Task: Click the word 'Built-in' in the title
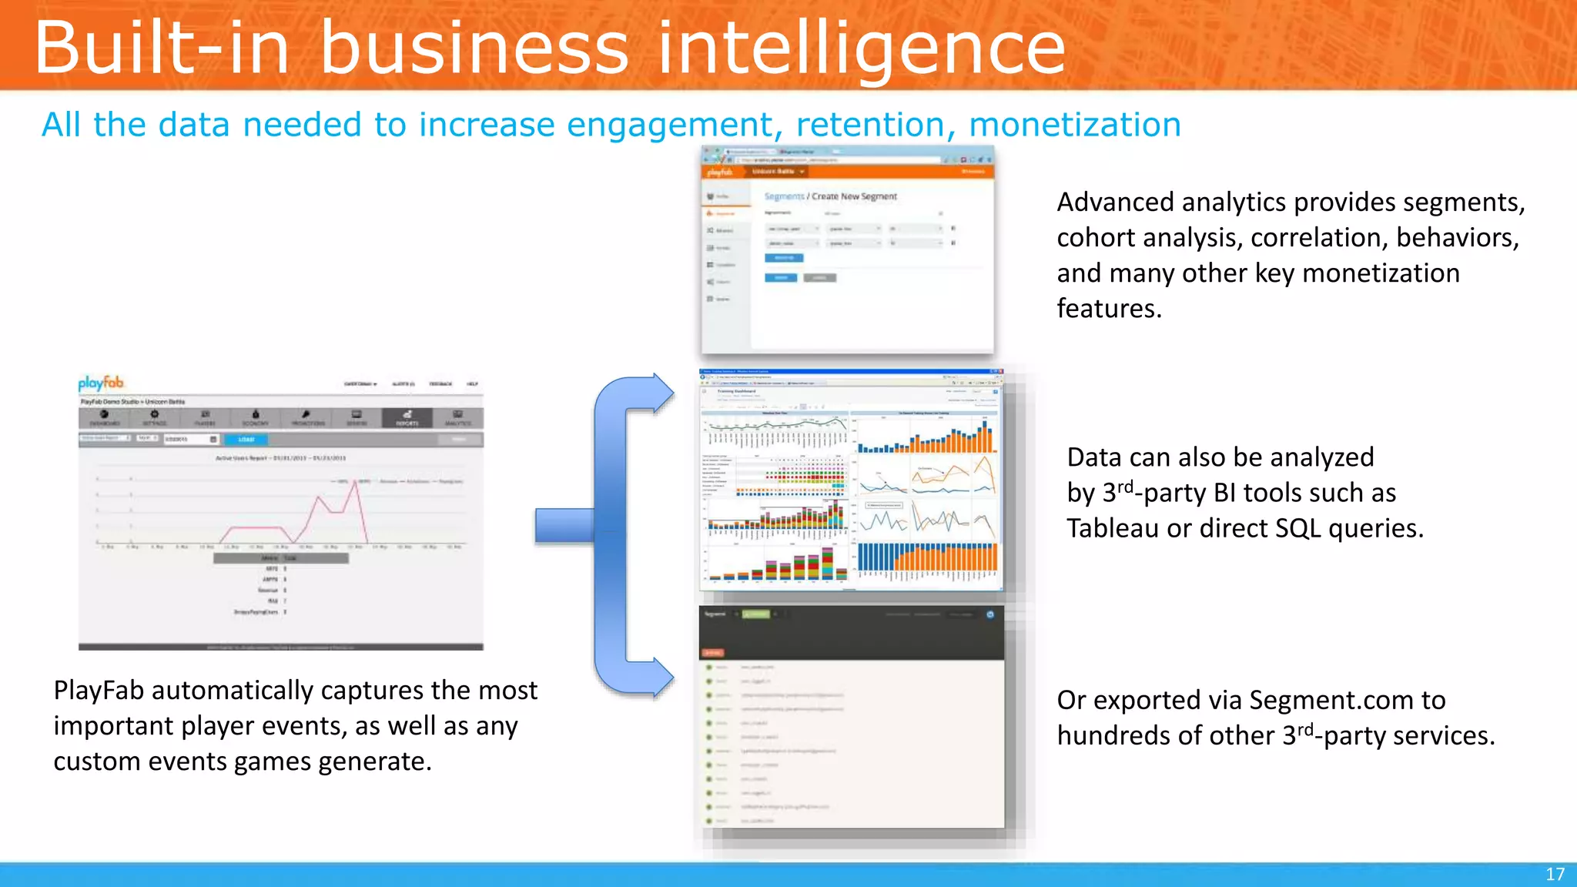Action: [162, 48]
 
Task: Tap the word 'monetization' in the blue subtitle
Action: [1074, 125]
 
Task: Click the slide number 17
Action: [1555, 875]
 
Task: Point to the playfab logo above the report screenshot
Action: [101, 383]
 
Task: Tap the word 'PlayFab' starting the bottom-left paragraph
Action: [99, 691]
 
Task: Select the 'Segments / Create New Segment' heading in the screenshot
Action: [830, 197]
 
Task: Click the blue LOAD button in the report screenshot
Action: [246, 439]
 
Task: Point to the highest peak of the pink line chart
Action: [357, 481]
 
